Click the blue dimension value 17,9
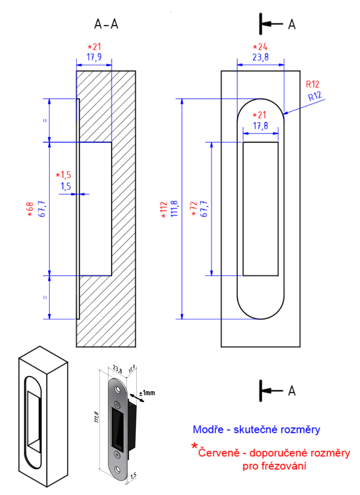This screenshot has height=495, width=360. [x=94, y=57]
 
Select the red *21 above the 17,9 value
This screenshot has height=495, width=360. [x=94, y=47]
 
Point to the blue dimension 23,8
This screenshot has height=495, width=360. [x=261, y=57]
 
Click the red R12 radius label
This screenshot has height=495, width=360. [x=312, y=84]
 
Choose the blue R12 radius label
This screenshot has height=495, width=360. [x=315, y=96]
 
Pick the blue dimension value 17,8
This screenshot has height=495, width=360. [x=261, y=126]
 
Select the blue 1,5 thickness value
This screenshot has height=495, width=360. [x=66, y=185]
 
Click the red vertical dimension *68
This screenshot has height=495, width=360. [x=31, y=209]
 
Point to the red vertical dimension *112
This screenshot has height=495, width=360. [x=164, y=209]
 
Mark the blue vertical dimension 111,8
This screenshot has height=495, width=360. [x=175, y=209]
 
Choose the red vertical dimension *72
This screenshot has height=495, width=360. [x=194, y=209]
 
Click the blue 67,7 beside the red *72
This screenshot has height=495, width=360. [x=204, y=209]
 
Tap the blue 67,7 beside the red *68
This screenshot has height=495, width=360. [x=42, y=209]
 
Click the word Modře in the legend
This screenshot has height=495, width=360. [x=208, y=430]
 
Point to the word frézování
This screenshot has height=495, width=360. [x=283, y=467]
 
